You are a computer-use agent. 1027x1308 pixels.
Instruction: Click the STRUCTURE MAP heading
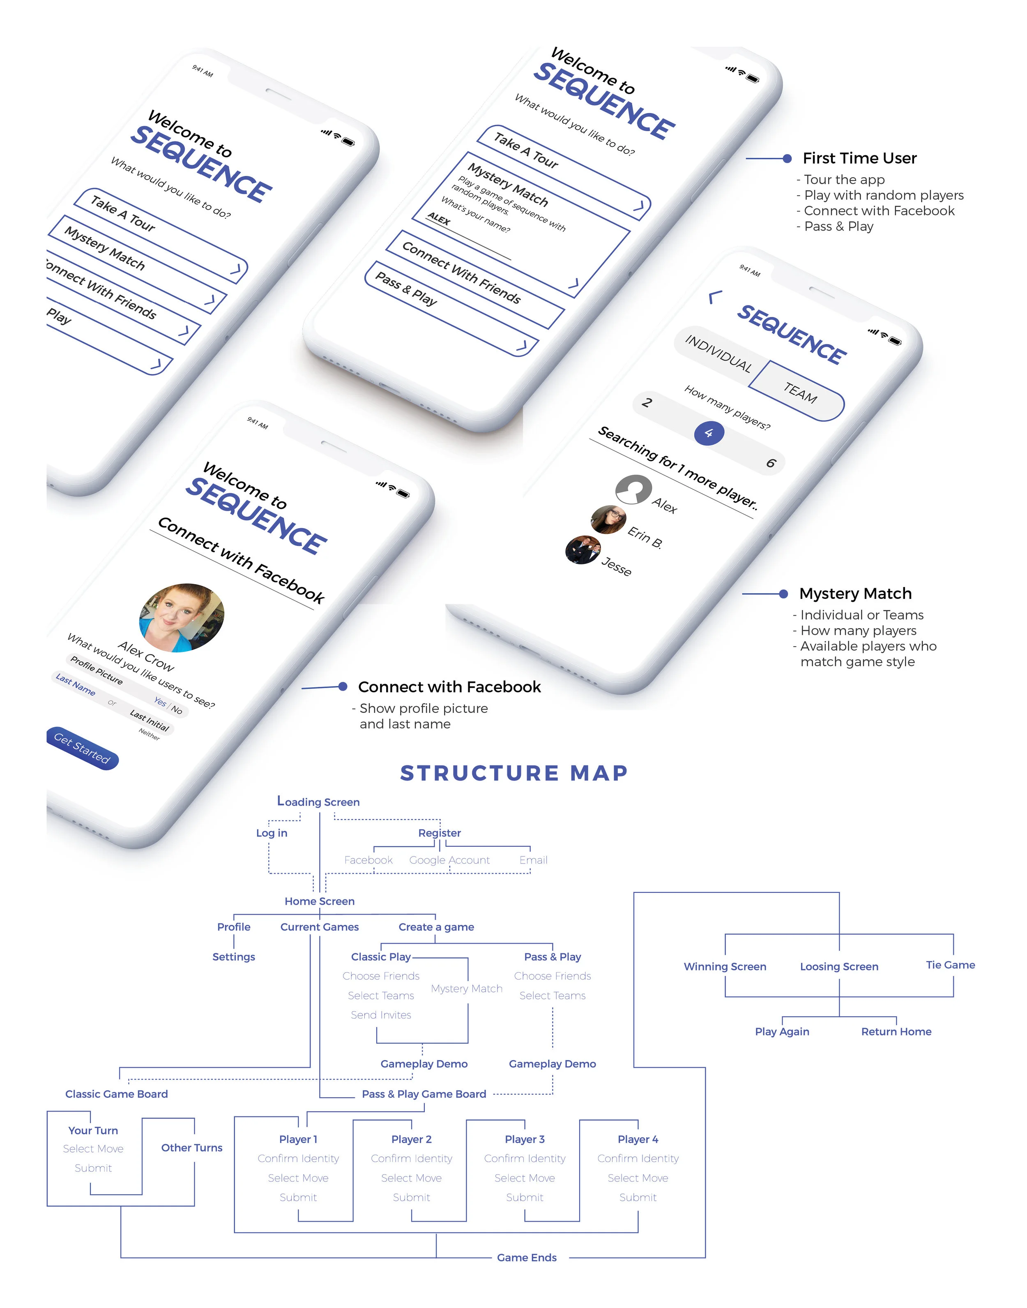pos(514,773)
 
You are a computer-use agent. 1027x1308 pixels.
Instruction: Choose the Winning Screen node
pos(725,966)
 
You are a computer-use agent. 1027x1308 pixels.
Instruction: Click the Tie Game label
pos(950,965)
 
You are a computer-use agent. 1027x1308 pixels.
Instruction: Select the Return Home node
pos(896,1031)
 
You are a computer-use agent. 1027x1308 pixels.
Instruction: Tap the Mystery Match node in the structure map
pos(467,989)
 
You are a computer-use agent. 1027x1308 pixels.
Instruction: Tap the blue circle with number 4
pos(709,433)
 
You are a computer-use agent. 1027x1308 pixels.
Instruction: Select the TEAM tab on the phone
pos(799,392)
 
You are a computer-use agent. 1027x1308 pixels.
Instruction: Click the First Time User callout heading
pos(859,158)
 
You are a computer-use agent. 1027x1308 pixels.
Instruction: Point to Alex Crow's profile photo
pos(182,617)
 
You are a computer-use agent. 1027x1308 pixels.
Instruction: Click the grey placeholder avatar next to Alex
pos(633,490)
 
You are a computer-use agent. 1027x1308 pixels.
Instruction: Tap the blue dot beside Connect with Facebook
pos(343,686)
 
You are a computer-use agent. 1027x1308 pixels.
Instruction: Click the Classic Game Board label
pos(117,1094)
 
